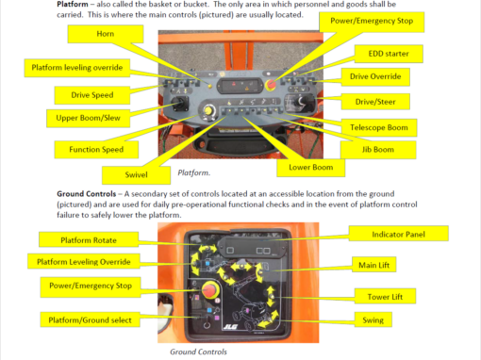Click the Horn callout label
pyautogui.click(x=106, y=34)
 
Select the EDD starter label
pyautogui.click(x=389, y=54)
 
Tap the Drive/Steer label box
pyautogui.click(x=375, y=102)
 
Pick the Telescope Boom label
pyautogui.click(x=379, y=127)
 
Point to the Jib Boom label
pyautogui.click(x=378, y=150)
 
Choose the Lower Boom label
pyautogui.click(x=310, y=168)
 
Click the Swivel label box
pyautogui.click(x=136, y=175)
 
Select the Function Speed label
pyautogui.click(x=96, y=150)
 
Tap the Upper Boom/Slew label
pyautogui.click(x=88, y=118)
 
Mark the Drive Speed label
pyautogui.click(x=92, y=95)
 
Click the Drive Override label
pyautogui.click(x=375, y=76)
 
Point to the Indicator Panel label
pyautogui.click(x=398, y=234)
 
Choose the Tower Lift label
pyautogui.click(x=385, y=296)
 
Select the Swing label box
pyautogui.click(x=373, y=319)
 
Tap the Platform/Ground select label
pyautogui.click(x=90, y=319)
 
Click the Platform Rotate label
pyautogui.click(x=89, y=239)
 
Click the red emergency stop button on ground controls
pyautogui.click(x=210, y=289)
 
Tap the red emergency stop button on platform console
pyautogui.click(x=271, y=84)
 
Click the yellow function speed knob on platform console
pyautogui.click(x=207, y=110)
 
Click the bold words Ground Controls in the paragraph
pyautogui.click(x=87, y=194)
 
